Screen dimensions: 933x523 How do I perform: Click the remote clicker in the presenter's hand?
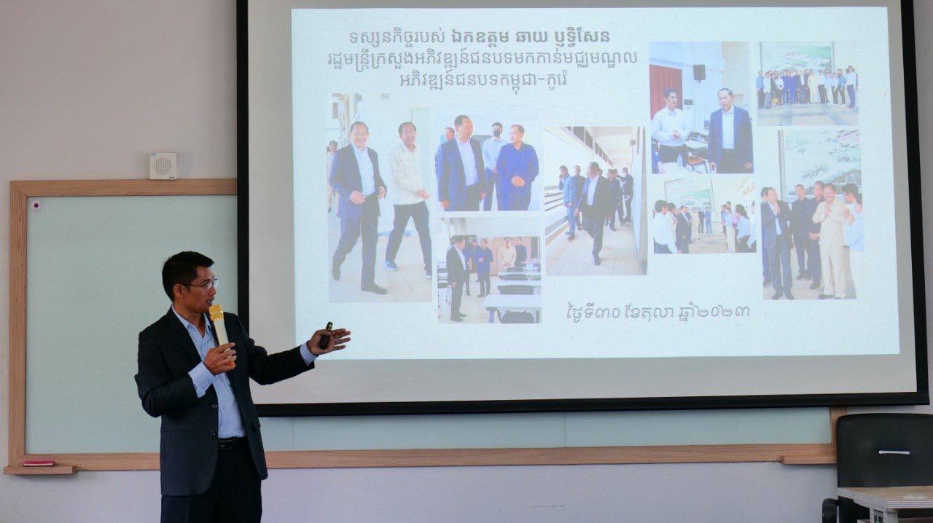click(x=326, y=335)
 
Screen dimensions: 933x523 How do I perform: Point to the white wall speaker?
click(x=163, y=166)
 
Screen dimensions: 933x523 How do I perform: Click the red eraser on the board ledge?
click(x=39, y=463)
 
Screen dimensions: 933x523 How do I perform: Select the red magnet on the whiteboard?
click(x=36, y=205)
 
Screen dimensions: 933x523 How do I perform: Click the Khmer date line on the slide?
click(x=658, y=312)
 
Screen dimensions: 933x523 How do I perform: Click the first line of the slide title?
click(x=480, y=36)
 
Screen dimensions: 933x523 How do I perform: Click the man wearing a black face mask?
click(x=493, y=166)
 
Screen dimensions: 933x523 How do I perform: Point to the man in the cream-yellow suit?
click(x=832, y=242)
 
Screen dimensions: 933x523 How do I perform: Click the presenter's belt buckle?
click(x=226, y=444)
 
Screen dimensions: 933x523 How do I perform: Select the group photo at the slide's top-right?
click(x=807, y=83)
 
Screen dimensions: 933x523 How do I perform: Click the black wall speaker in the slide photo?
click(x=699, y=72)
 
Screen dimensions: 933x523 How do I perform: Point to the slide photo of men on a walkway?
click(x=596, y=201)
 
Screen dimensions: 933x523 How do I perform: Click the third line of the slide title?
click(x=483, y=80)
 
